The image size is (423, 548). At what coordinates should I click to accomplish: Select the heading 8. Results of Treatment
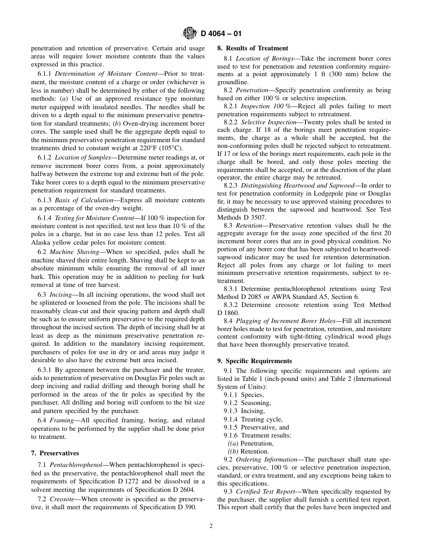pyautogui.click(x=252, y=48)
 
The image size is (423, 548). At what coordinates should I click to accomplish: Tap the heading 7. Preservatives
pyautogui.click(x=55, y=453)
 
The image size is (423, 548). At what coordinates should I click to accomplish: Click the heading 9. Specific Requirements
pyautogui.click(x=254, y=361)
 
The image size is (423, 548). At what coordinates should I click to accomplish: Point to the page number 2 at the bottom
pyautogui.click(x=211, y=526)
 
